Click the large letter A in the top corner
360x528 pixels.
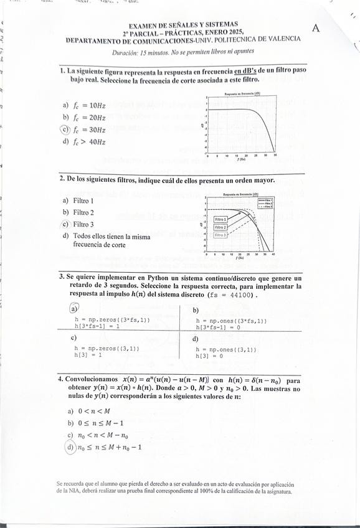click(x=316, y=28)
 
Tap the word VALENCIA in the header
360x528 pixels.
click(x=280, y=39)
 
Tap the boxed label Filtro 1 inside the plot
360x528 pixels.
click(x=221, y=220)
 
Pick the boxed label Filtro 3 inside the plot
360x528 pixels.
click(x=221, y=235)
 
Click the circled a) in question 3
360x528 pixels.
click(x=73, y=308)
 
